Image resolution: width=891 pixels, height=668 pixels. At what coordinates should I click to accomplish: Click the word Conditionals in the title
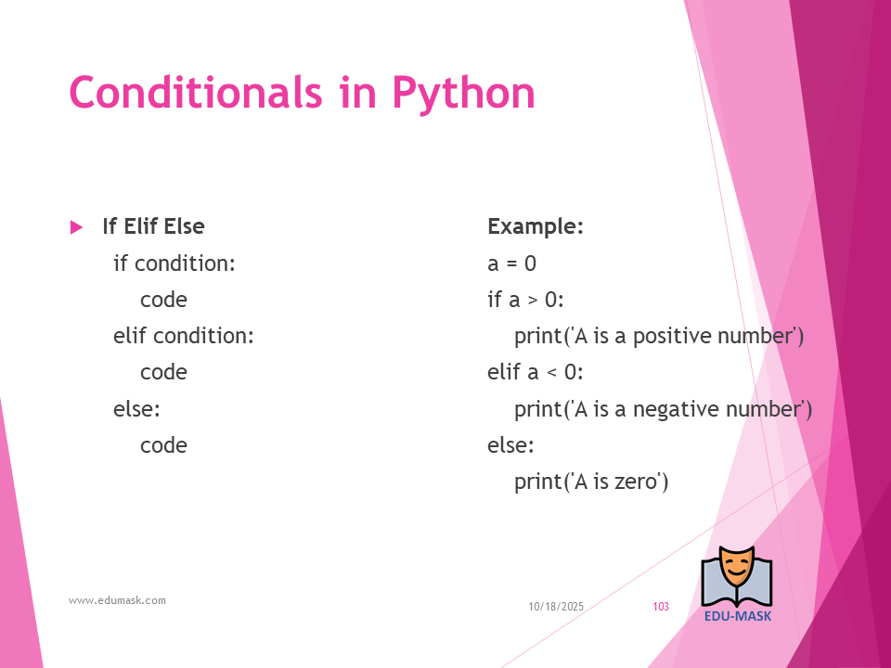pyautogui.click(x=196, y=92)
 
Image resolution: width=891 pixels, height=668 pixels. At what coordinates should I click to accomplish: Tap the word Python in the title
pyautogui.click(x=463, y=94)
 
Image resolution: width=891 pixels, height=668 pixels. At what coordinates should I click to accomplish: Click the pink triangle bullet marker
pyautogui.click(x=76, y=227)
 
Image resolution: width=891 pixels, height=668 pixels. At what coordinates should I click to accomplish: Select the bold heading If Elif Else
pyautogui.click(x=153, y=226)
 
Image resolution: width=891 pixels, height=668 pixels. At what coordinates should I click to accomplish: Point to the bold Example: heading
pyautogui.click(x=536, y=226)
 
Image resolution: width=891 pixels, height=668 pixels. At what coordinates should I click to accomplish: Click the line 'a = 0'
pyautogui.click(x=511, y=263)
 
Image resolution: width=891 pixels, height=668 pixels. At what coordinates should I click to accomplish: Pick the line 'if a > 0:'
pyautogui.click(x=525, y=300)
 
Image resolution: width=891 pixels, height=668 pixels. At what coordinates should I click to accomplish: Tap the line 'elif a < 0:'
pyautogui.click(x=536, y=372)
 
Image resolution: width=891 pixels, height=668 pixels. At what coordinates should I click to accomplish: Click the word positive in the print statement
pyautogui.click(x=672, y=336)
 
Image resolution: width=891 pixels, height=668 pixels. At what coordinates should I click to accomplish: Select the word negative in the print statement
pyautogui.click(x=676, y=409)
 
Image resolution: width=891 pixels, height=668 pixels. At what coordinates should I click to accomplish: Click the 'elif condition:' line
pyautogui.click(x=183, y=336)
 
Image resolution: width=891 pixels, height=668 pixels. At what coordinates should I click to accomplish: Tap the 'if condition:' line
pyautogui.click(x=174, y=263)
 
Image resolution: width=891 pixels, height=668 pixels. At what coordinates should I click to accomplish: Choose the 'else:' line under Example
pyautogui.click(x=510, y=444)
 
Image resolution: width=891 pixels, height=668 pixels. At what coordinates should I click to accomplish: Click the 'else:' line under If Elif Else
pyautogui.click(x=136, y=408)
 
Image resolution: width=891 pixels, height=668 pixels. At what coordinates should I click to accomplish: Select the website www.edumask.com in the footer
pyautogui.click(x=117, y=600)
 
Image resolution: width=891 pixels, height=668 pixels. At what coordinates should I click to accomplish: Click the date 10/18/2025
pyautogui.click(x=556, y=607)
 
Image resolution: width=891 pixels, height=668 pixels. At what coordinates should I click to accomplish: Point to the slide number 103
pyautogui.click(x=661, y=607)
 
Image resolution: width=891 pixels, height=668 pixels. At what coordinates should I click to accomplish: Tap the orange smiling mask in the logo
pyautogui.click(x=736, y=568)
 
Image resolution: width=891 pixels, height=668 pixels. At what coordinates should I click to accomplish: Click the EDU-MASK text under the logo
pyautogui.click(x=738, y=616)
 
